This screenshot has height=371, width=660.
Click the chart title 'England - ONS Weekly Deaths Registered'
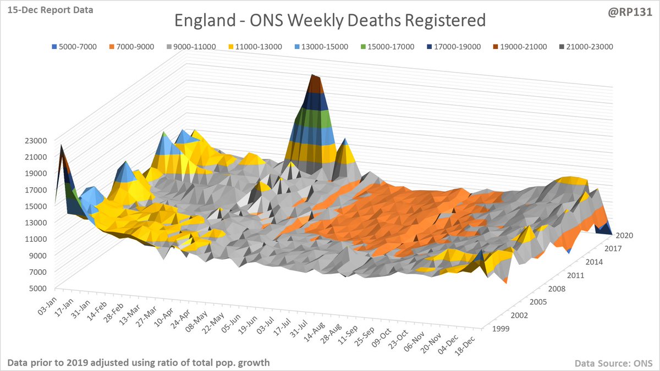click(330, 21)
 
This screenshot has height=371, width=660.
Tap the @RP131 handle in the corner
click(632, 10)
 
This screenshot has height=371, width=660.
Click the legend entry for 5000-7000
click(75, 47)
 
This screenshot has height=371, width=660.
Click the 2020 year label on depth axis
click(624, 235)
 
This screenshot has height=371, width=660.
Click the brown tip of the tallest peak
click(315, 83)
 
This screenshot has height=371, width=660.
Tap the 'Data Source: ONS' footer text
click(613, 363)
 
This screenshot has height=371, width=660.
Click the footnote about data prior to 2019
click(139, 363)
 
